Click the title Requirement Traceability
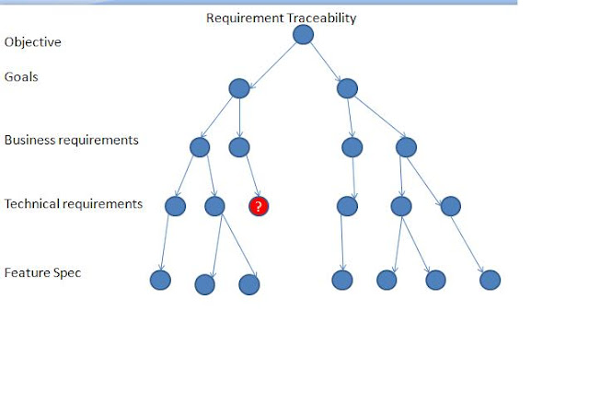pyautogui.click(x=281, y=17)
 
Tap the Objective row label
pyautogui.click(x=33, y=42)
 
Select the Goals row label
pyautogui.click(x=21, y=77)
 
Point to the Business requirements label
pyautogui.click(x=72, y=141)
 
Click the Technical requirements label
pyautogui.click(x=74, y=203)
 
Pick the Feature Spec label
pyautogui.click(x=42, y=273)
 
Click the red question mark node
pyautogui.click(x=259, y=207)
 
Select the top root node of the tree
pyautogui.click(x=303, y=35)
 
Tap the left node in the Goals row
pyautogui.click(x=239, y=88)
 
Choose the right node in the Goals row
pyautogui.click(x=347, y=88)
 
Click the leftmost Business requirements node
pyautogui.click(x=200, y=146)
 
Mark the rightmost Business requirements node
pyautogui.click(x=406, y=146)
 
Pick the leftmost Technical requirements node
pyautogui.click(x=175, y=206)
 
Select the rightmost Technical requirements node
pyautogui.click(x=450, y=206)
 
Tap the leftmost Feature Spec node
pyautogui.click(x=160, y=280)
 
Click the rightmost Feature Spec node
pyautogui.click(x=490, y=280)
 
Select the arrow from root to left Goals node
pyautogui.click(x=271, y=62)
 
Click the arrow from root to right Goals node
pyautogui.click(x=325, y=62)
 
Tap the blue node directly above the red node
pyautogui.click(x=239, y=146)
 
